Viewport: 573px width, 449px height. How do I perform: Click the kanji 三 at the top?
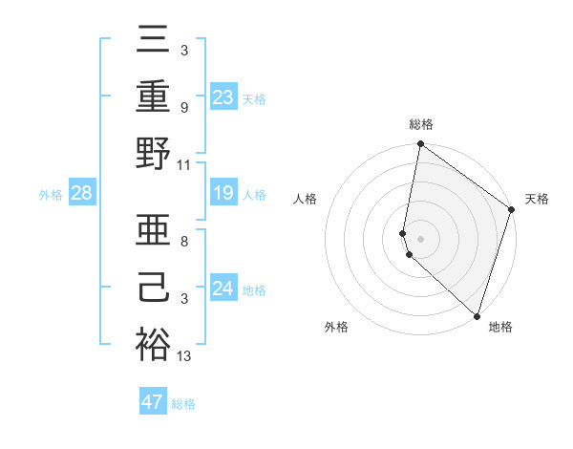click(153, 40)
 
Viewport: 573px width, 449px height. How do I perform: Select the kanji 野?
click(153, 155)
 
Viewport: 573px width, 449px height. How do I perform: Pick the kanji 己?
click(153, 288)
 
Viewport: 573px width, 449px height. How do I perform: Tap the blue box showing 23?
click(223, 96)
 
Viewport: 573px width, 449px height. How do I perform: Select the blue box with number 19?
click(223, 194)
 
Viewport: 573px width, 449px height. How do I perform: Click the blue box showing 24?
click(223, 289)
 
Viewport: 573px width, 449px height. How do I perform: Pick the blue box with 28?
click(82, 194)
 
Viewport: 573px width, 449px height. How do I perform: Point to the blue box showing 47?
click(152, 402)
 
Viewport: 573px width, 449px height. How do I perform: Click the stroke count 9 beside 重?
click(183, 108)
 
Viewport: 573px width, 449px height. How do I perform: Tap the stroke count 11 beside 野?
click(184, 165)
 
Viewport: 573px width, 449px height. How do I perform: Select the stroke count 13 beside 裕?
click(184, 356)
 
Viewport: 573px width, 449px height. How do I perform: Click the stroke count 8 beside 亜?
click(183, 242)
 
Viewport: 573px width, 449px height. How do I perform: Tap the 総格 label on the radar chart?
click(421, 125)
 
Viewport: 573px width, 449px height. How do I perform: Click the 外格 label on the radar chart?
click(336, 328)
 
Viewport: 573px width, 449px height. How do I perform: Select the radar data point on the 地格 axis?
click(477, 315)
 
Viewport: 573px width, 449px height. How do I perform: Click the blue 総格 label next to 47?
click(183, 404)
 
